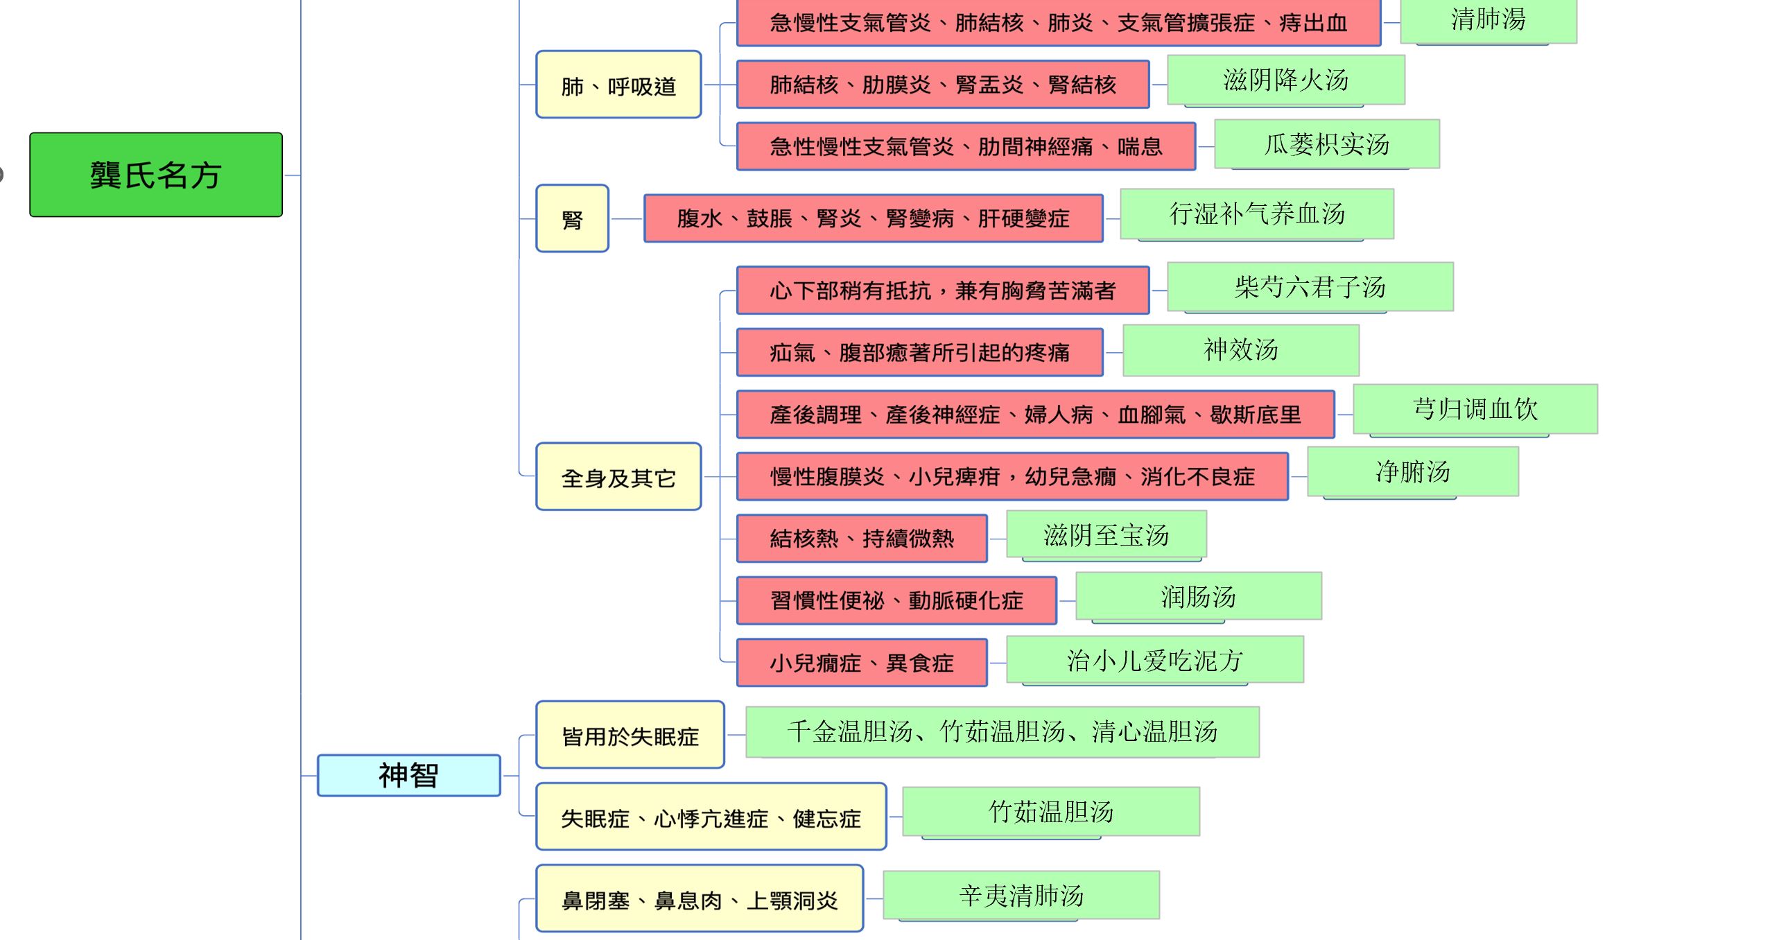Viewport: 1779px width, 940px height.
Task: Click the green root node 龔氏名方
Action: click(x=156, y=175)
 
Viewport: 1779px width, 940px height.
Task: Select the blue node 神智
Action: click(x=408, y=775)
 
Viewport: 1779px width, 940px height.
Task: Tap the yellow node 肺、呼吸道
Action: click(x=618, y=85)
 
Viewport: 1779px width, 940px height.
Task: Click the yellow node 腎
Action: click(x=572, y=218)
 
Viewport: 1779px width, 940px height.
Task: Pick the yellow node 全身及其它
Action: click(x=618, y=477)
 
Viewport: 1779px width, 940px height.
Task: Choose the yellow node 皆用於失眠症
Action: click(x=630, y=735)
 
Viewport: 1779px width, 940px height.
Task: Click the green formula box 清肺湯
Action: click(x=1488, y=21)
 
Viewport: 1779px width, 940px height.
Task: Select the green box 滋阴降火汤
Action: click(x=1285, y=80)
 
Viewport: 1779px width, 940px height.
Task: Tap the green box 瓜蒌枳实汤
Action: click(x=1326, y=144)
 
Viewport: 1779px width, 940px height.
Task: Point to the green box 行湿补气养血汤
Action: click(x=1256, y=214)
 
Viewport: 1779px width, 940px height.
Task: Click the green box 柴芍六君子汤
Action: click(x=1310, y=287)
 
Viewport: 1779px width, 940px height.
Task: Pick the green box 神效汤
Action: click(x=1240, y=350)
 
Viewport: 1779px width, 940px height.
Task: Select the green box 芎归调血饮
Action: click(x=1475, y=409)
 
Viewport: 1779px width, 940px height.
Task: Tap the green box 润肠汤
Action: click(x=1198, y=596)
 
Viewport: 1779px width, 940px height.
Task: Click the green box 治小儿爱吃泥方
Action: click(x=1154, y=660)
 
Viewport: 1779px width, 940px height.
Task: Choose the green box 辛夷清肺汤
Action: click(x=1021, y=895)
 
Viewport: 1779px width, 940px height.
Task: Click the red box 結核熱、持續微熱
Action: click(x=861, y=538)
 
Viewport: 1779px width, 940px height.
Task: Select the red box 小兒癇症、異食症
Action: click(x=861, y=663)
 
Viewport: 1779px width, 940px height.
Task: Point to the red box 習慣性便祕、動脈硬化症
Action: click(x=896, y=600)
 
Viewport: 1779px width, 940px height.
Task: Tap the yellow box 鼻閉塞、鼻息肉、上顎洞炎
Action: click(x=699, y=899)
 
